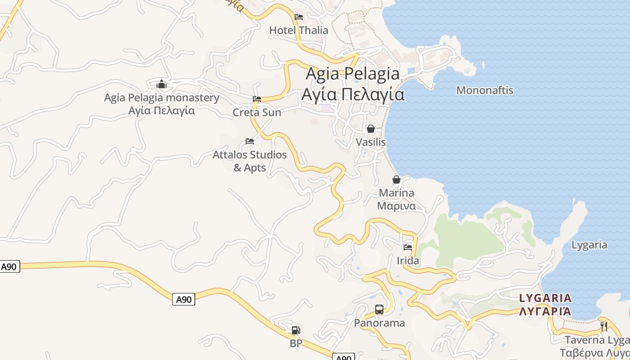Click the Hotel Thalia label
coord(298,31)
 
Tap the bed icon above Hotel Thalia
coord(298,18)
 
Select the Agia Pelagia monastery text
coord(162,98)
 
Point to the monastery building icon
coord(162,84)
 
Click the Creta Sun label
coord(256,112)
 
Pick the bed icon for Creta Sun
coord(257,99)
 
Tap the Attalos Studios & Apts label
coord(250,161)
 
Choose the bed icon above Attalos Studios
coord(250,141)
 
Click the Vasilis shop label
coord(371,142)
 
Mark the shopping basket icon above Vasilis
coord(371,129)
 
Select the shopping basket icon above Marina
coord(396,180)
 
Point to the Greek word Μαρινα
coord(396,206)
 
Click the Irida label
coord(408,261)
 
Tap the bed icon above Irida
coord(408,247)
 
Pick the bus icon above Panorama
coord(379,310)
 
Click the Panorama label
coord(379,323)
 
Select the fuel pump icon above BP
coord(296,330)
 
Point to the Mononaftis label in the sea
coord(485,90)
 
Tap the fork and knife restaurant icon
coord(604,326)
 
